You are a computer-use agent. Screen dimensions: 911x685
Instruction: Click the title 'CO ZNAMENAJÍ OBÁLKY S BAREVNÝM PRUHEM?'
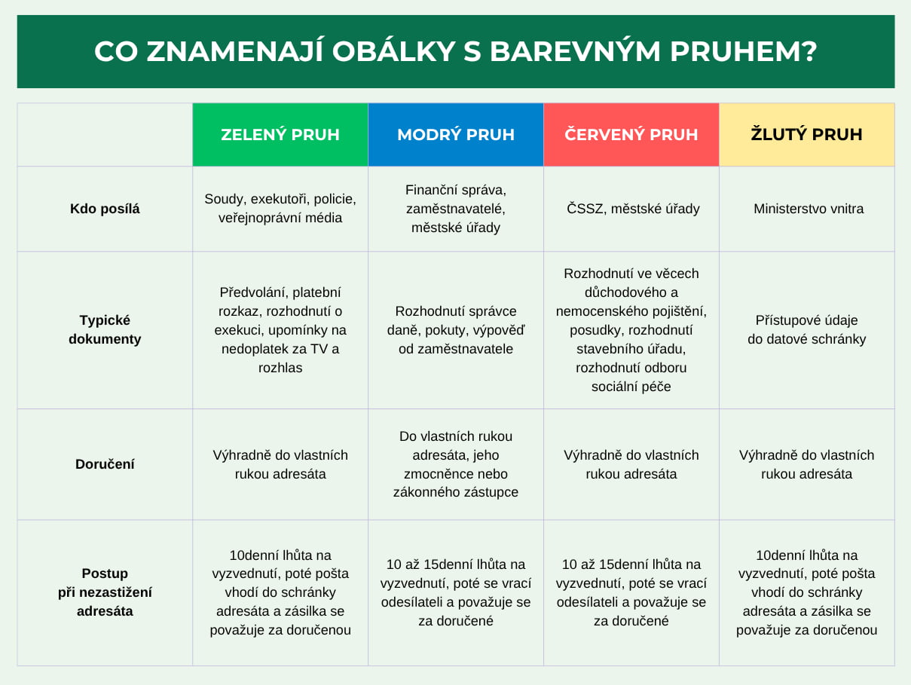tap(455, 52)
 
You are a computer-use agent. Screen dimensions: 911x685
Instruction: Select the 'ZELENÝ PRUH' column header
tap(280, 135)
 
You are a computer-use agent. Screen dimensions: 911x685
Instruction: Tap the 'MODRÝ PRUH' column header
tap(456, 135)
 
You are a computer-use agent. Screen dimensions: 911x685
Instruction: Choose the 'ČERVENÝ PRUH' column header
tap(631, 135)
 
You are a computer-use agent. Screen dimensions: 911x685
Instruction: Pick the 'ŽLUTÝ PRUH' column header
tap(806, 135)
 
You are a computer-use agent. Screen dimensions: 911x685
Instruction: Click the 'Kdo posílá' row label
tap(105, 209)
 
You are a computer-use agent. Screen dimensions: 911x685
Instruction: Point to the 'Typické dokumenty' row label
tap(105, 329)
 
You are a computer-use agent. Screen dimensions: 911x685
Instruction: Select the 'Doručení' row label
tap(105, 464)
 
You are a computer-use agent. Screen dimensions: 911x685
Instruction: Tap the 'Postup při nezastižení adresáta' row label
tap(105, 592)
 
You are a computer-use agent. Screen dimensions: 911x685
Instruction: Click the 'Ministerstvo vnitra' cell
tap(809, 209)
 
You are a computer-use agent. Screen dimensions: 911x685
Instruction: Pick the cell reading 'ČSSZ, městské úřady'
tap(633, 209)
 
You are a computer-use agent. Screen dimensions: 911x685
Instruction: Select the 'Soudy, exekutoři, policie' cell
tap(280, 208)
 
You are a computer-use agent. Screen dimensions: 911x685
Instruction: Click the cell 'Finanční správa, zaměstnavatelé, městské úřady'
tap(456, 209)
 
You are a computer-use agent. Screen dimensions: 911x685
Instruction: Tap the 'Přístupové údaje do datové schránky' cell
tap(806, 329)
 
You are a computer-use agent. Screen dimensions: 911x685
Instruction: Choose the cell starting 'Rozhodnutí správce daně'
tap(456, 330)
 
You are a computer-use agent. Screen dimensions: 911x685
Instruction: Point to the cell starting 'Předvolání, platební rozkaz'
tap(280, 330)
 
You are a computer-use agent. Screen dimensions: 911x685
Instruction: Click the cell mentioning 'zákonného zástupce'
tap(456, 464)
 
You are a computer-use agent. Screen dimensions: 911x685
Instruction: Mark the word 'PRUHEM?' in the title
tap(743, 52)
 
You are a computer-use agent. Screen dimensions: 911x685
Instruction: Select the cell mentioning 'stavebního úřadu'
tap(631, 330)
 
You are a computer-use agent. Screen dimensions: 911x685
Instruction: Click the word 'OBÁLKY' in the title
tap(393, 52)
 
